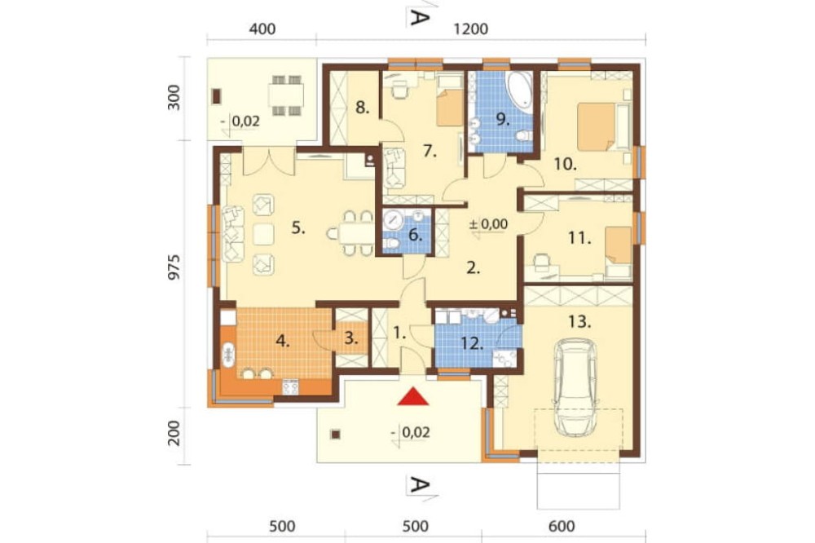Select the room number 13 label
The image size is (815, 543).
[579, 322]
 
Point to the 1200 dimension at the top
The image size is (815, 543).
[471, 29]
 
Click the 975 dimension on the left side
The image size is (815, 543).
[174, 267]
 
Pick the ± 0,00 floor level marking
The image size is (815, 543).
[488, 225]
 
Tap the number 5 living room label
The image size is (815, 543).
[297, 227]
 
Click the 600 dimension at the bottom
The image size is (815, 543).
[562, 527]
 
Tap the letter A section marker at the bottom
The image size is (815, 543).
[420, 485]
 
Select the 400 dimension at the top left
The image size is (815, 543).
[262, 29]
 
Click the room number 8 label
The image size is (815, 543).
[363, 108]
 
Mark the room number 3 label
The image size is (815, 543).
[351, 338]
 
